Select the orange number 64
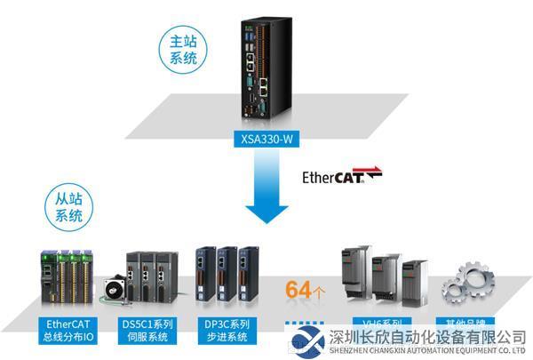tap(297, 289)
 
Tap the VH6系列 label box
tap(377, 324)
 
